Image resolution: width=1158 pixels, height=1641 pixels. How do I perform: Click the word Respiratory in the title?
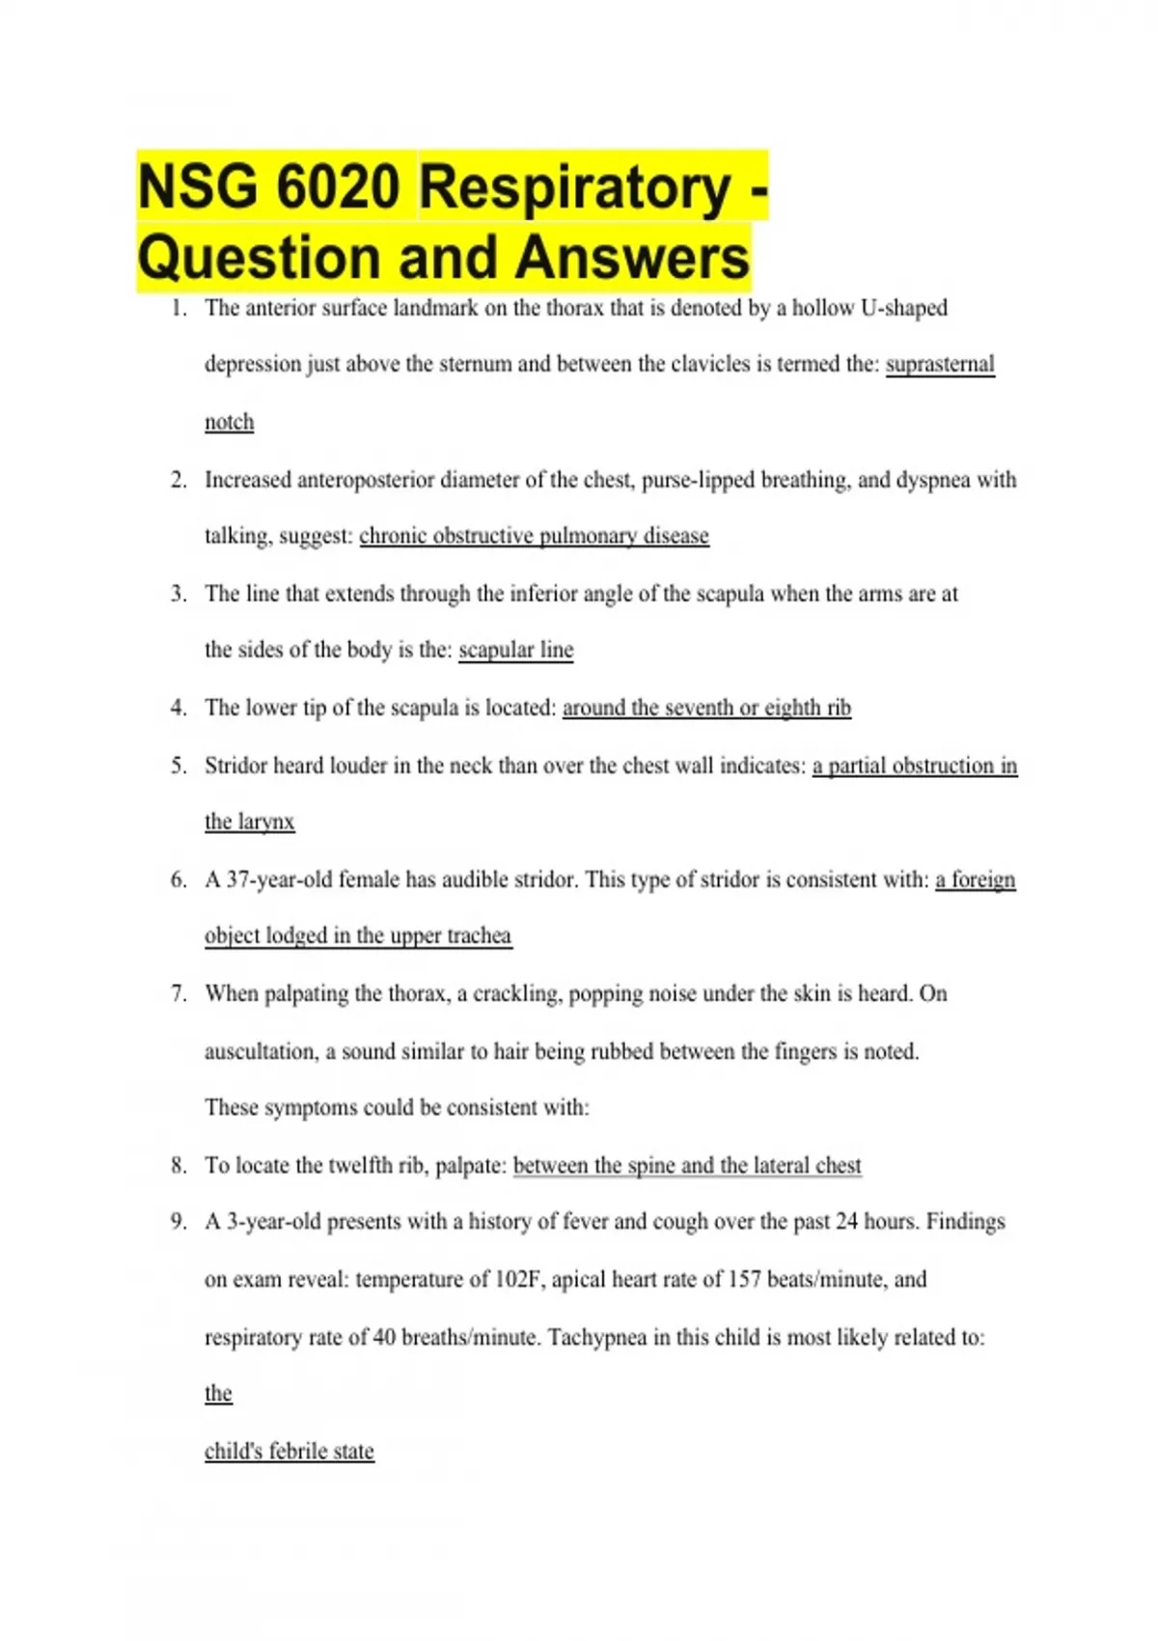(574, 187)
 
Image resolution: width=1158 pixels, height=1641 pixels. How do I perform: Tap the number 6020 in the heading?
(337, 187)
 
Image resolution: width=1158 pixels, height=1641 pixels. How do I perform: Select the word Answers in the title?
(632, 259)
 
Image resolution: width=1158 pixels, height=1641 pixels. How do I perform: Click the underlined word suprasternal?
(940, 364)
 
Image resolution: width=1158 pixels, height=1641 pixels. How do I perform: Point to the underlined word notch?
(229, 422)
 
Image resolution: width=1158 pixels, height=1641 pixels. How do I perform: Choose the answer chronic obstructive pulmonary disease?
(534, 536)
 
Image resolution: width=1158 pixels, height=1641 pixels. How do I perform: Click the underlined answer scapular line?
(515, 650)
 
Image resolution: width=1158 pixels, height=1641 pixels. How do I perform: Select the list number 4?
(179, 708)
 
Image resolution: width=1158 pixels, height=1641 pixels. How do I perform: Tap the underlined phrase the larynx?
(249, 821)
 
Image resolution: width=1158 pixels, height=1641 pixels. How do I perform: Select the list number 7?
(179, 993)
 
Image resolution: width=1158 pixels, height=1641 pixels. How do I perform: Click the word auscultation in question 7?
(260, 1051)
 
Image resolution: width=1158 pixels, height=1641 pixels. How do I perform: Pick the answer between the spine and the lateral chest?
(687, 1165)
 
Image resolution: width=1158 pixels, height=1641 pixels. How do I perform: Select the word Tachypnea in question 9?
(597, 1337)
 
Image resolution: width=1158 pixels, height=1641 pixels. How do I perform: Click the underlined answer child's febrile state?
(289, 1451)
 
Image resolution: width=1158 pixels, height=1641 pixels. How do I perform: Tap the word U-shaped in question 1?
(903, 308)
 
